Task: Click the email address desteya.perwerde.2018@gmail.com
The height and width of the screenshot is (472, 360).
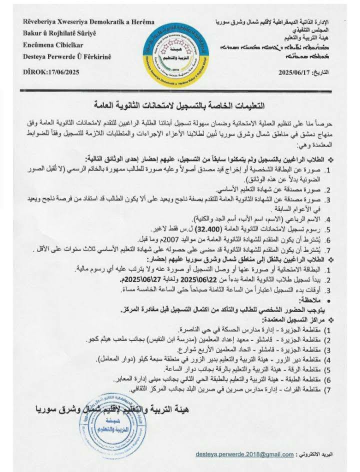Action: tap(245, 454)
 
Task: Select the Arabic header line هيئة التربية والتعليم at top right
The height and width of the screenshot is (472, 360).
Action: tap(315, 38)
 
